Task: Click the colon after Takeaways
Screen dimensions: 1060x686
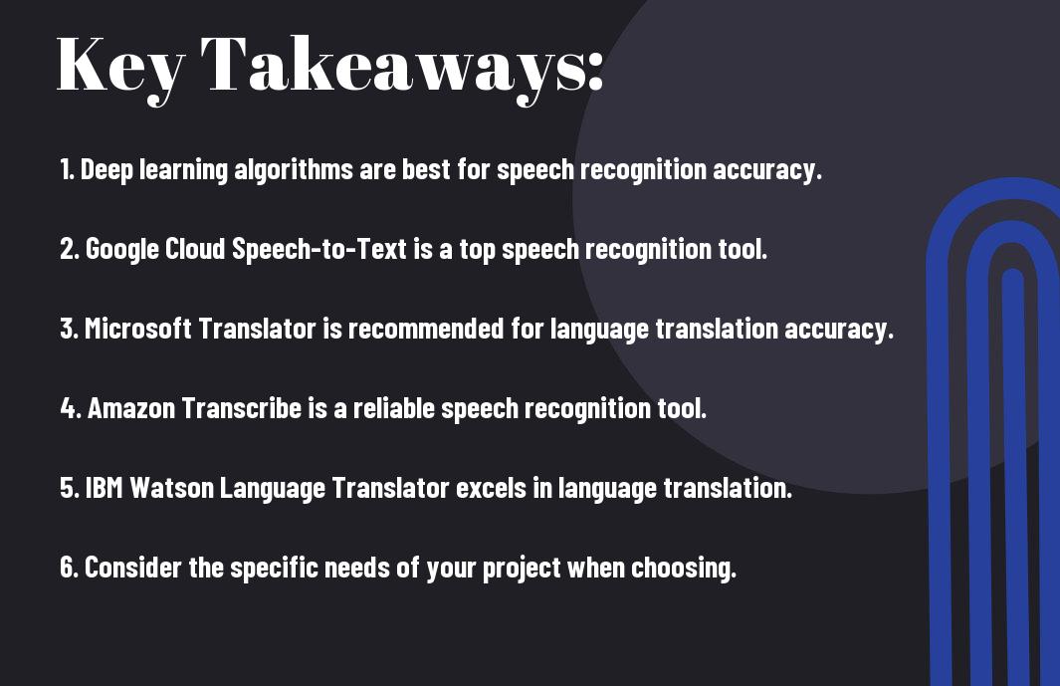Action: [x=595, y=71]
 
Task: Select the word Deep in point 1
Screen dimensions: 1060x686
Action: [x=106, y=170]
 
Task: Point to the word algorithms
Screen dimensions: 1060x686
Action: [x=293, y=170]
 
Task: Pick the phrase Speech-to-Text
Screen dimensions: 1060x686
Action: [x=319, y=250]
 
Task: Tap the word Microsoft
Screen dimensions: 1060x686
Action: [x=138, y=329]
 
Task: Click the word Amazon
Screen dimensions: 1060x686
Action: [x=131, y=408]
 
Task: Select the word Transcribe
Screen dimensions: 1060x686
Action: [x=241, y=408]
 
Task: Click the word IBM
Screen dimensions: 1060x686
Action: [x=105, y=488]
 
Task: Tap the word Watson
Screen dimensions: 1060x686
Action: [x=172, y=488]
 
